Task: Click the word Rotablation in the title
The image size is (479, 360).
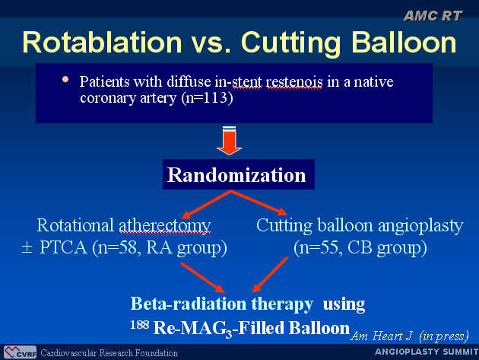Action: coord(103,42)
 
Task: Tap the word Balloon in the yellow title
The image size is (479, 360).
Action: coord(404,42)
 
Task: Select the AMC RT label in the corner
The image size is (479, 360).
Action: coord(433,16)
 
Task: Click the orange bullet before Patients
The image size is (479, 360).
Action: coord(65,79)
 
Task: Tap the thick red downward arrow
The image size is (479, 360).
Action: coord(230,140)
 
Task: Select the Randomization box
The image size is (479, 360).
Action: coord(238,174)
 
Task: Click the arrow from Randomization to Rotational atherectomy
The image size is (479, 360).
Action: coord(206,204)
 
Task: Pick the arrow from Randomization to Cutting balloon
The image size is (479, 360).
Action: coord(259,202)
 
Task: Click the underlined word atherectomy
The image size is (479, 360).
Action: coord(165,226)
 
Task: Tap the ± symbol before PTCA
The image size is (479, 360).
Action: coord(27,248)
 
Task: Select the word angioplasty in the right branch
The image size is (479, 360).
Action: coord(420,227)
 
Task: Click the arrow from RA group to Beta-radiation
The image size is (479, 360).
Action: coord(202,277)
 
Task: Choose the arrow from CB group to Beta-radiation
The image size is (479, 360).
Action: coord(271,275)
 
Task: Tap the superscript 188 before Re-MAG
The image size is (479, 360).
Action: coord(139,324)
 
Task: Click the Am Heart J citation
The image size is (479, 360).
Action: coord(410,336)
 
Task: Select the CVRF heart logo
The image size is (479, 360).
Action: coord(21,352)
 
